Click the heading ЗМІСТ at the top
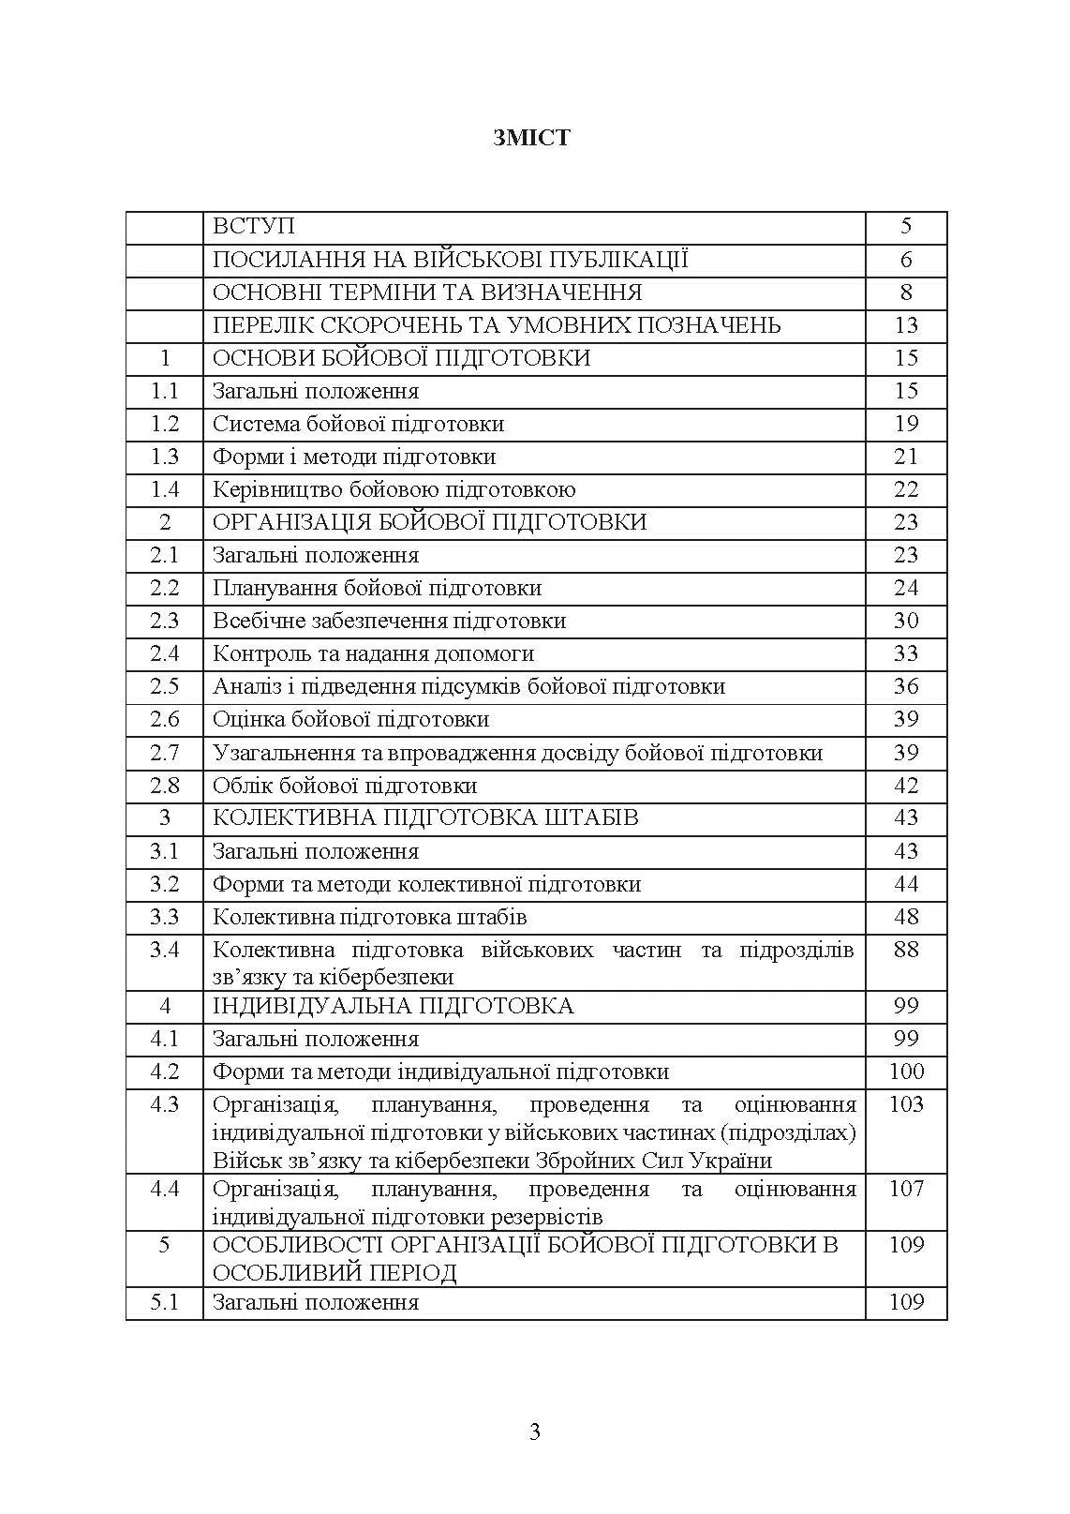[x=531, y=138]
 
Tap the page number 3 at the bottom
[x=535, y=1432]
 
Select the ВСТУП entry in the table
[x=254, y=227]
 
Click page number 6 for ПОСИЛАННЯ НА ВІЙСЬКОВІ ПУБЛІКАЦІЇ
[x=905, y=260]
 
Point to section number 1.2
[x=165, y=424]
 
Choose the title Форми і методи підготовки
[x=354, y=457]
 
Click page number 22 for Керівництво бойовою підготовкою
[x=905, y=489]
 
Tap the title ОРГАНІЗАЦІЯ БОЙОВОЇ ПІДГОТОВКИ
[x=429, y=522]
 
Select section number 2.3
[x=165, y=621]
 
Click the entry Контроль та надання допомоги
[x=373, y=653]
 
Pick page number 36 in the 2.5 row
[x=905, y=686]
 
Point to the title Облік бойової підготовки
[x=345, y=786]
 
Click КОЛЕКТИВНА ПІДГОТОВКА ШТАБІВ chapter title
[x=425, y=817]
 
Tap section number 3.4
[x=165, y=950]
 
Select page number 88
[x=905, y=950]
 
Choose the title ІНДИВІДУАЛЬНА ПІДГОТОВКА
[x=393, y=1006]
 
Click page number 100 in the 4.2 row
[x=905, y=1072]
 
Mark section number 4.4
[x=165, y=1189]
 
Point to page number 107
[x=905, y=1189]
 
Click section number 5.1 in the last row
[x=165, y=1302]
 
